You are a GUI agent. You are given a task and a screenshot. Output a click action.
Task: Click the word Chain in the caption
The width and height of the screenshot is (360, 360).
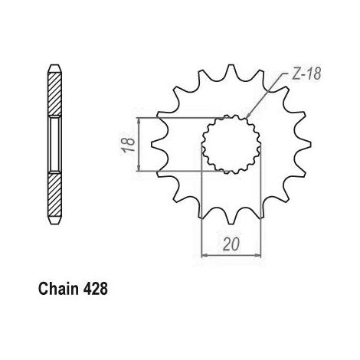58,289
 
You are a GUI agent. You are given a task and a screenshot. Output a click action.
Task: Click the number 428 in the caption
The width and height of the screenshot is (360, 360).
95,289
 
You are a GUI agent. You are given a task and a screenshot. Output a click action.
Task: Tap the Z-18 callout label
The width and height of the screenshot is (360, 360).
306,74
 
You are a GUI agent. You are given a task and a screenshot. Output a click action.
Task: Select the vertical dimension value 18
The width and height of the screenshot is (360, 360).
128,145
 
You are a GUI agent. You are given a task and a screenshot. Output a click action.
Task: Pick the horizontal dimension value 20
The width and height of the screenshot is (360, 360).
232,244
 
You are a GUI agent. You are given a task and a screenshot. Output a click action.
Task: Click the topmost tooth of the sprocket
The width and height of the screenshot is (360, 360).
231,68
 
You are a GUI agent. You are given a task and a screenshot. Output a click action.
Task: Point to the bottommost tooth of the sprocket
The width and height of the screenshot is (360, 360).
231,220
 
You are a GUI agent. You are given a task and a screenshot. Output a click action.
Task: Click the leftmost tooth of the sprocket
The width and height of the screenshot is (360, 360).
155,145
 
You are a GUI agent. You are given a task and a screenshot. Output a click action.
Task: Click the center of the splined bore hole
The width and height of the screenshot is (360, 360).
231,144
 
